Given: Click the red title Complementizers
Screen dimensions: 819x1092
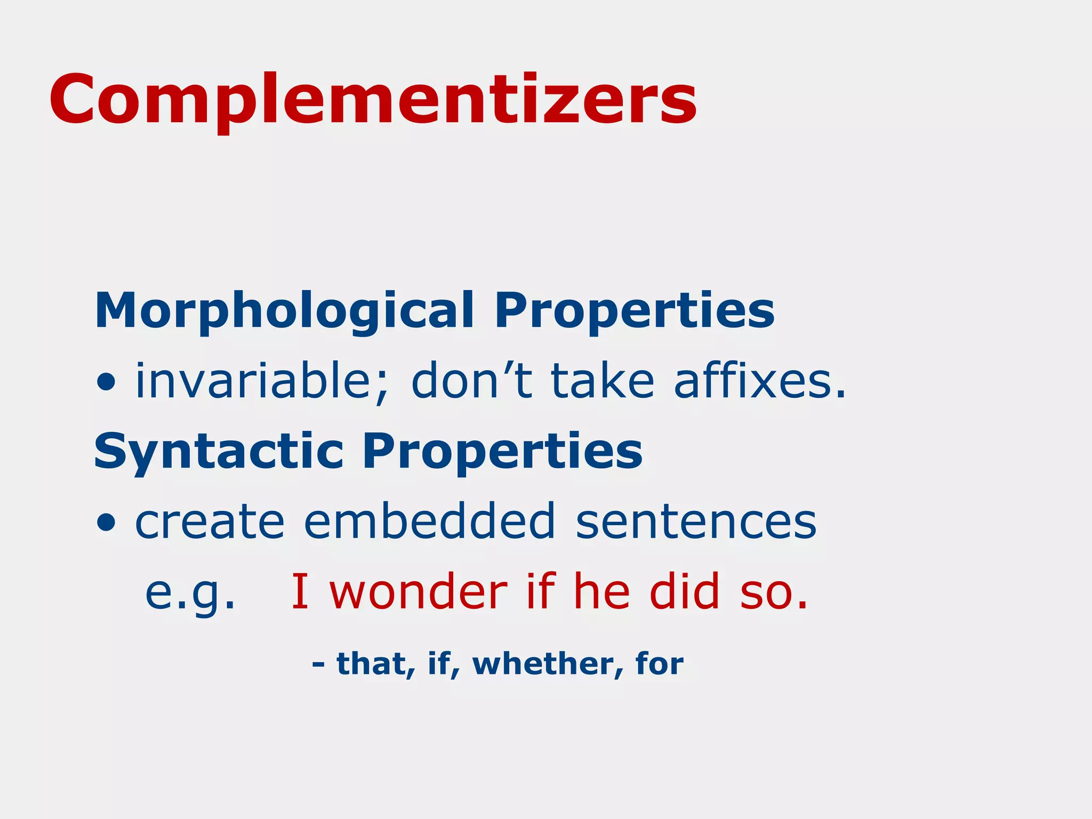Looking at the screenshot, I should tap(373, 100).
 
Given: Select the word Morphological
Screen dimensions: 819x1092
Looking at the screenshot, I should tap(284, 311).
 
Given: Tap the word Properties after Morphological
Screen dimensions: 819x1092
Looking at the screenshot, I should tap(635, 311).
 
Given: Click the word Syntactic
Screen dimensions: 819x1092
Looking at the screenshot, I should tap(219, 452).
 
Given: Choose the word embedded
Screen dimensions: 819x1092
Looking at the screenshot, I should tap(430, 521).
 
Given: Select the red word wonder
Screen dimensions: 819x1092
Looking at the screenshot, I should tap(419, 592).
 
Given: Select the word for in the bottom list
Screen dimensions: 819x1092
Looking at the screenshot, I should tap(660, 664).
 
